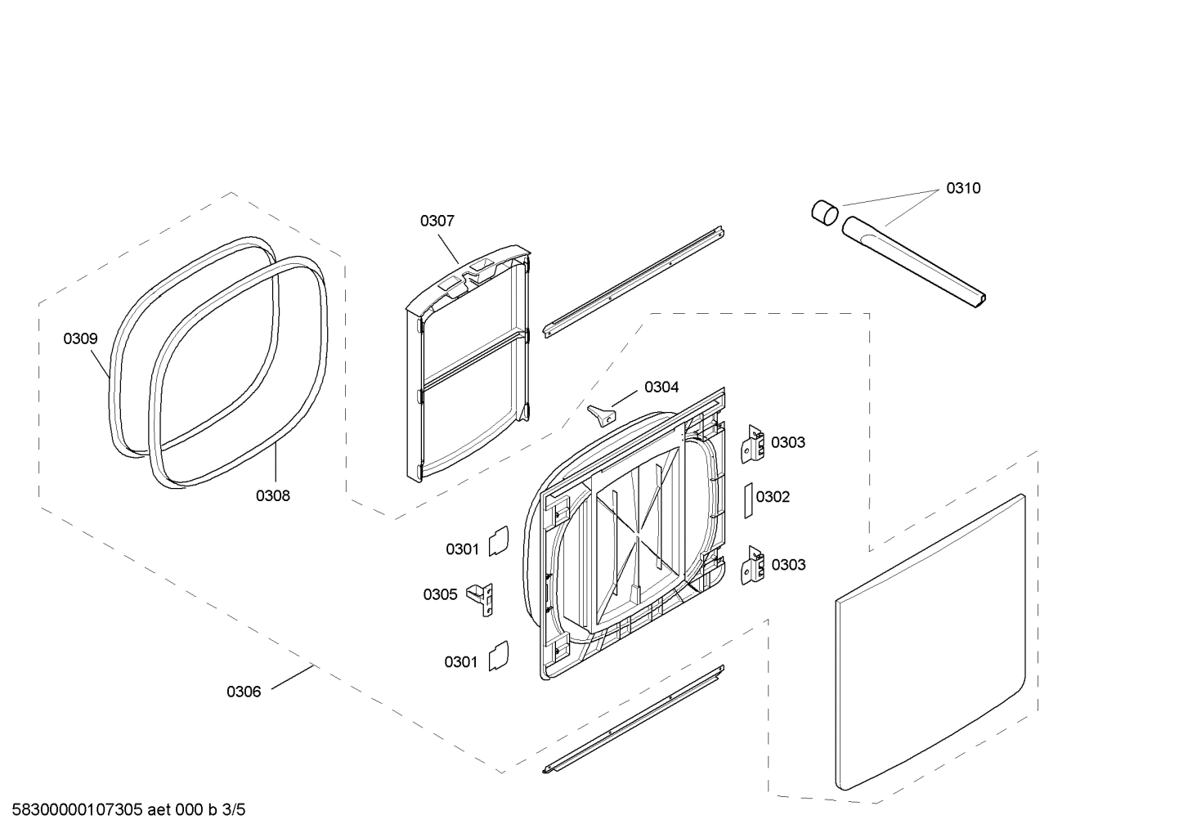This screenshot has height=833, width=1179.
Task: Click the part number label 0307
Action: pos(437,221)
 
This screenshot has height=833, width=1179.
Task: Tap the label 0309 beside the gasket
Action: pos(81,338)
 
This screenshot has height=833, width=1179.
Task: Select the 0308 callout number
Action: pos(273,495)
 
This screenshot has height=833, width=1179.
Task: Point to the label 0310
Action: pos(963,188)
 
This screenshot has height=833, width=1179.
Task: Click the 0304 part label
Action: pos(661,387)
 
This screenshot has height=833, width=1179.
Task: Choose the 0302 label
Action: pos(773,497)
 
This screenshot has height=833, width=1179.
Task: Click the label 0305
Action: pos(440,594)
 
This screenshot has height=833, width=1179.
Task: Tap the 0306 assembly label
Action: pos(244,692)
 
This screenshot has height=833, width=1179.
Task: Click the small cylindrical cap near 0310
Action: pos(825,211)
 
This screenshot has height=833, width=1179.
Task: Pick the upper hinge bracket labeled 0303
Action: pos(752,443)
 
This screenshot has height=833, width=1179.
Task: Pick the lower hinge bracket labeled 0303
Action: pos(752,566)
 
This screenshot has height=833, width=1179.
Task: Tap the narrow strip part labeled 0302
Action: pos(746,499)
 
